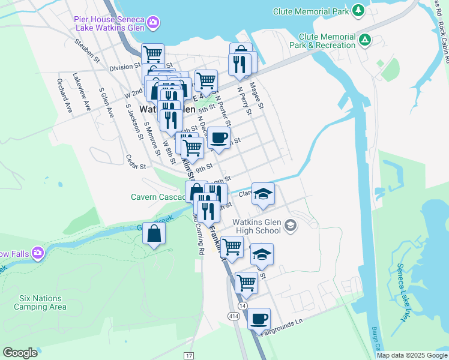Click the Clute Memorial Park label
tap(310, 11)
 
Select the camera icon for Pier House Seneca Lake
tap(154, 22)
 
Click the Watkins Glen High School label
tap(256, 226)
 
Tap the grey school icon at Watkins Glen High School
tap(291, 225)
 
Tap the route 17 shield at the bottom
tap(188, 355)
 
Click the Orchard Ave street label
tap(65, 93)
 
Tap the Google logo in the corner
tap(20, 353)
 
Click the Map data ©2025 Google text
tap(411, 355)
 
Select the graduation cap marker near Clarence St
tap(262, 193)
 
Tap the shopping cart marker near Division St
tap(153, 54)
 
